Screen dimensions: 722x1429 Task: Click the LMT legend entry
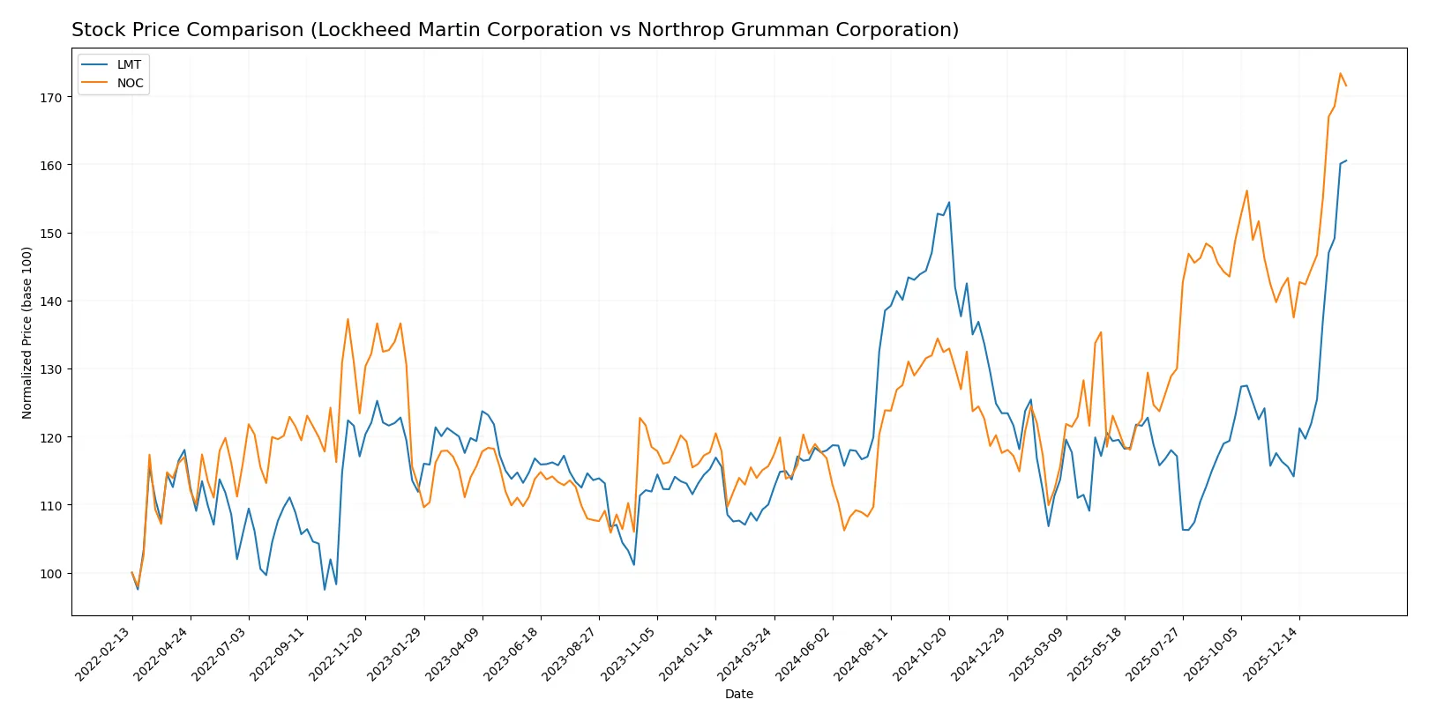coord(128,64)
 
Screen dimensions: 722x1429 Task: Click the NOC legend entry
coord(130,83)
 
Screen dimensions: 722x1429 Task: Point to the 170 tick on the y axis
coord(50,98)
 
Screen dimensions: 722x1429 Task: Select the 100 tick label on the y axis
coord(50,574)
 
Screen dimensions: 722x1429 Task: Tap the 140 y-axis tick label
coord(50,301)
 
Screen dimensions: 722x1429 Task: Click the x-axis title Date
coord(738,695)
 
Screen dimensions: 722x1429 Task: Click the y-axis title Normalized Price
coord(26,332)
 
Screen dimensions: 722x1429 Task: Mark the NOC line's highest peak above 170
coord(1340,73)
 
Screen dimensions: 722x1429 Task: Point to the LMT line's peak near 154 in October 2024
coord(949,202)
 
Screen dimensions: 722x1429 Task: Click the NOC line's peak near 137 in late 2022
coord(348,319)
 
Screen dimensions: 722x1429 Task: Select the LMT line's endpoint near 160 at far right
coord(1346,160)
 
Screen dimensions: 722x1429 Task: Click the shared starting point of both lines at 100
coord(132,573)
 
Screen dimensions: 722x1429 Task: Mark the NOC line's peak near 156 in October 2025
coord(1246,190)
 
